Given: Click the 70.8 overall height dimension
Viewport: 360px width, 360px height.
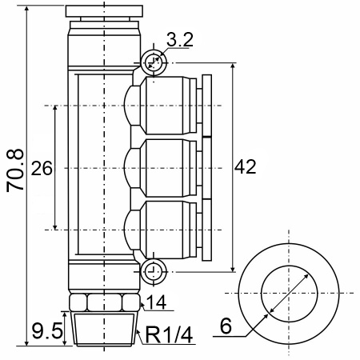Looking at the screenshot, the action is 15,170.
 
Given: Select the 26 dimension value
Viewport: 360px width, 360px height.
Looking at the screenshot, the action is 42,169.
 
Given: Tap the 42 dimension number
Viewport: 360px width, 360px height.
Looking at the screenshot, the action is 246,167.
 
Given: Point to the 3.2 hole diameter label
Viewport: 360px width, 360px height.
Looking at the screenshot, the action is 180,40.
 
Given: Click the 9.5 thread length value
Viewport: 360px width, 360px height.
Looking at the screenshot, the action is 47,330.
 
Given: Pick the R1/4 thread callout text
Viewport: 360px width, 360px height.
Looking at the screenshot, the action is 169,335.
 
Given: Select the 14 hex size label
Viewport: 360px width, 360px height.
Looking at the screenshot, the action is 157,302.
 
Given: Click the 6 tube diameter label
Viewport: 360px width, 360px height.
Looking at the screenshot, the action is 226,326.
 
